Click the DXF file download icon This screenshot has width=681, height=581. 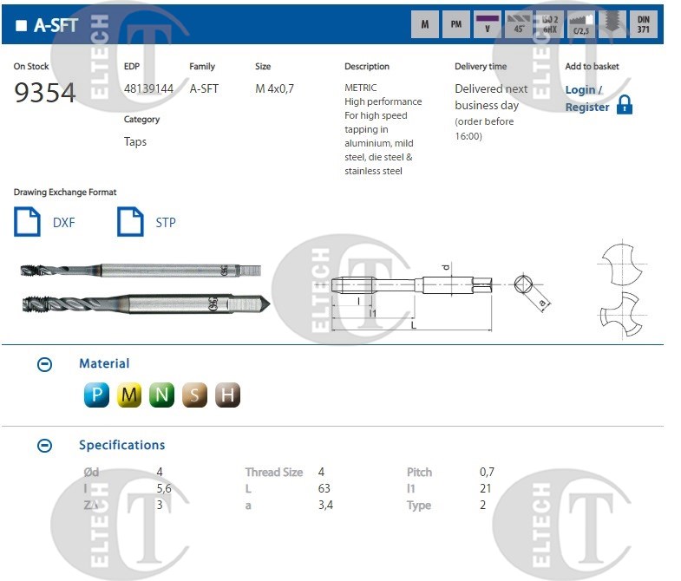click(x=28, y=221)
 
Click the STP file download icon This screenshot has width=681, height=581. click(x=130, y=221)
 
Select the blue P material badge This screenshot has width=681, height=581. click(x=96, y=395)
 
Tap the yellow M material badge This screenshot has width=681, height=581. click(x=129, y=395)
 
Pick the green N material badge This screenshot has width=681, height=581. click(x=161, y=395)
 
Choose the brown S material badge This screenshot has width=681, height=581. click(x=194, y=395)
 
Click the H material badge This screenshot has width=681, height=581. click(x=227, y=395)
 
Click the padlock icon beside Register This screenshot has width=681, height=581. click(x=624, y=105)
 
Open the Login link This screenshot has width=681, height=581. click(x=580, y=89)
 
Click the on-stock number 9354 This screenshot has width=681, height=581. click(x=45, y=93)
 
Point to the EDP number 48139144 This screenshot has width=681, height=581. click(x=148, y=88)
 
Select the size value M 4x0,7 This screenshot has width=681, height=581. click(x=274, y=88)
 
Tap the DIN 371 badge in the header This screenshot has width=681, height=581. click(x=643, y=24)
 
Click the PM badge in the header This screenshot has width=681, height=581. click(x=455, y=24)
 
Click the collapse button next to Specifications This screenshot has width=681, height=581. click(x=45, y=446)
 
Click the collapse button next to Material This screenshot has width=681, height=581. click(x=45, y=364)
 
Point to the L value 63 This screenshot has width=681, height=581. click(x=325, y=488)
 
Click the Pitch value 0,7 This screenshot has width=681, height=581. click(x=487, y=472)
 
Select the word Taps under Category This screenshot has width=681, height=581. click(x=135, y=141)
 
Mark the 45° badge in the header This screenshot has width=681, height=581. click(x=520, y=24)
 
